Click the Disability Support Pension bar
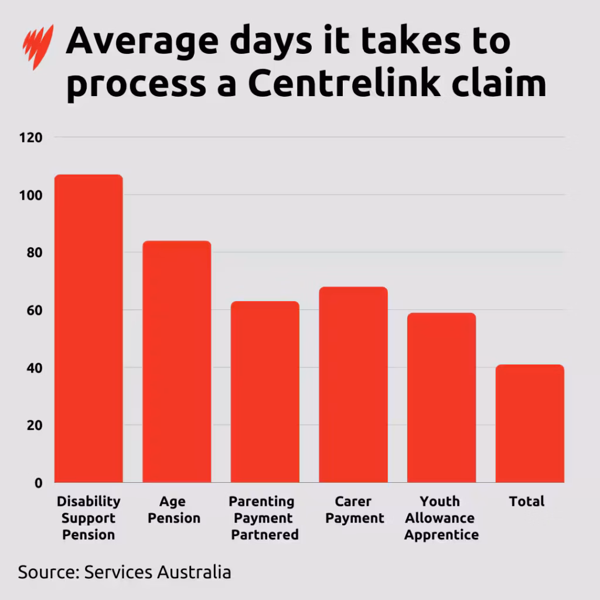coord(88,328)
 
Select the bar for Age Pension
coord(176,362)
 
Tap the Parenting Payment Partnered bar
coord(265,391)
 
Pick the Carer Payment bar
coord(353,384)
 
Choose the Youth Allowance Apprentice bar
coord(441,397)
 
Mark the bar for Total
coord(529,423)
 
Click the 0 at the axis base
coord(38,483)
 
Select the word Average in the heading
coord(146,41)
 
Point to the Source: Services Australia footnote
coord(124,572)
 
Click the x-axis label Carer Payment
coord(353,510)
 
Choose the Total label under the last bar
coord(527,502)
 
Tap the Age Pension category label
coord(173,510)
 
